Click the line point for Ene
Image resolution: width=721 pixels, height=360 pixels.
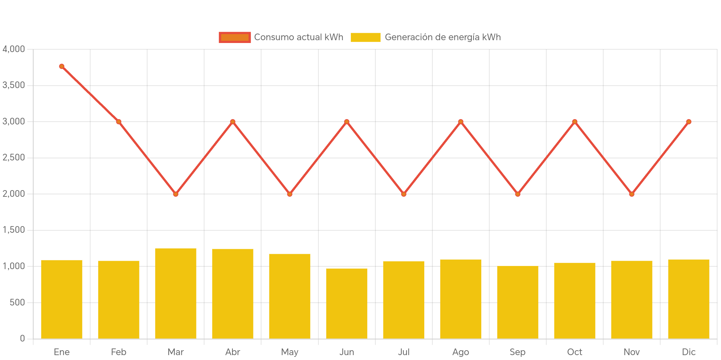[62, 66]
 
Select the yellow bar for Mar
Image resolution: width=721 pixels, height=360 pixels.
[176, 293]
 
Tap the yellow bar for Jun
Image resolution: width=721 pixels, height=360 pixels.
[347, 303]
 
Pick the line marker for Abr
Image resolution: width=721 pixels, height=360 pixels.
[233, 122]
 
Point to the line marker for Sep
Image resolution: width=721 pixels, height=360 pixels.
[518, 194]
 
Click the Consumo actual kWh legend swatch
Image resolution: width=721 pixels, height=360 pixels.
[235, 37]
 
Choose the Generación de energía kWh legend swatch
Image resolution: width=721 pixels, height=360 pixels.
[365, 37]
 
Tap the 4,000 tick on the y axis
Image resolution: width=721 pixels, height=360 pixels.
[14, 49]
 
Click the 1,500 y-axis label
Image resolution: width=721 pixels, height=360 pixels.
[14, 230]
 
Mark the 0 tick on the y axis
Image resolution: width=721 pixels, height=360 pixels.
[22, 338]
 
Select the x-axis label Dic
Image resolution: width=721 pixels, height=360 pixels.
[688, 352]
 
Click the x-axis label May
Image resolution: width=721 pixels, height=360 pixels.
[290, 352]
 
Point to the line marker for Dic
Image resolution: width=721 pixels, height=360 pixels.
[688, 122]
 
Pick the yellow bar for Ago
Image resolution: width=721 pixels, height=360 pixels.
[461, 299]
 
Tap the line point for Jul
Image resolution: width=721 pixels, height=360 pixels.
[404, 194]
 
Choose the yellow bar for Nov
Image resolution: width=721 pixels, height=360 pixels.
[632, 300]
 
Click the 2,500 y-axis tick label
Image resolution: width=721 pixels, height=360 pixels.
[14, 157]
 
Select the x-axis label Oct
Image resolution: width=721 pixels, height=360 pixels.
[575, 352]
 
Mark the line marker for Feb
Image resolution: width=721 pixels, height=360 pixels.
[119, 122]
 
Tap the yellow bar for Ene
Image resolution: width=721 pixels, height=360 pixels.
[62, 299]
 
